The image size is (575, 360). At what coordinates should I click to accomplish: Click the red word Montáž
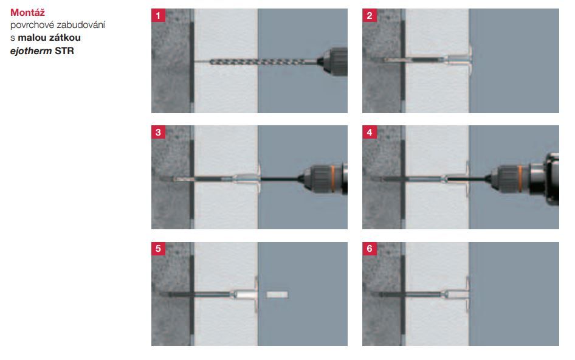tap(27, 13)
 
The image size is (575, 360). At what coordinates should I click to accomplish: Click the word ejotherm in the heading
tap(31, 50)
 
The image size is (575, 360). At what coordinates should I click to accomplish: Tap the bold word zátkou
tap(64, 38)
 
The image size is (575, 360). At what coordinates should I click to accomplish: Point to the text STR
tap(64, 50)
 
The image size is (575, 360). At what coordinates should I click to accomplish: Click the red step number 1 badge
tap(158, 15)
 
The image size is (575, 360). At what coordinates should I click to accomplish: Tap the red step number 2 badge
tap(370, 15)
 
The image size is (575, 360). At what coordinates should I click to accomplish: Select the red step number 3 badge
tap(158, 132)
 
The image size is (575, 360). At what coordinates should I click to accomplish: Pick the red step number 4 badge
tap(370, 132)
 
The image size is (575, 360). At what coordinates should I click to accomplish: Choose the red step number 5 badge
tap(158, 249)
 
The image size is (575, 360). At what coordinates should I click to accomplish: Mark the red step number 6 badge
tap(370, 249)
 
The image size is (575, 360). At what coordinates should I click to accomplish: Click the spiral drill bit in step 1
tap(263, 62)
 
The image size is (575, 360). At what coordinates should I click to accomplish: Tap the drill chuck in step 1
tap(332, 61)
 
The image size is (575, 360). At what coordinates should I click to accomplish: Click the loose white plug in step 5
tap(277, 294)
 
